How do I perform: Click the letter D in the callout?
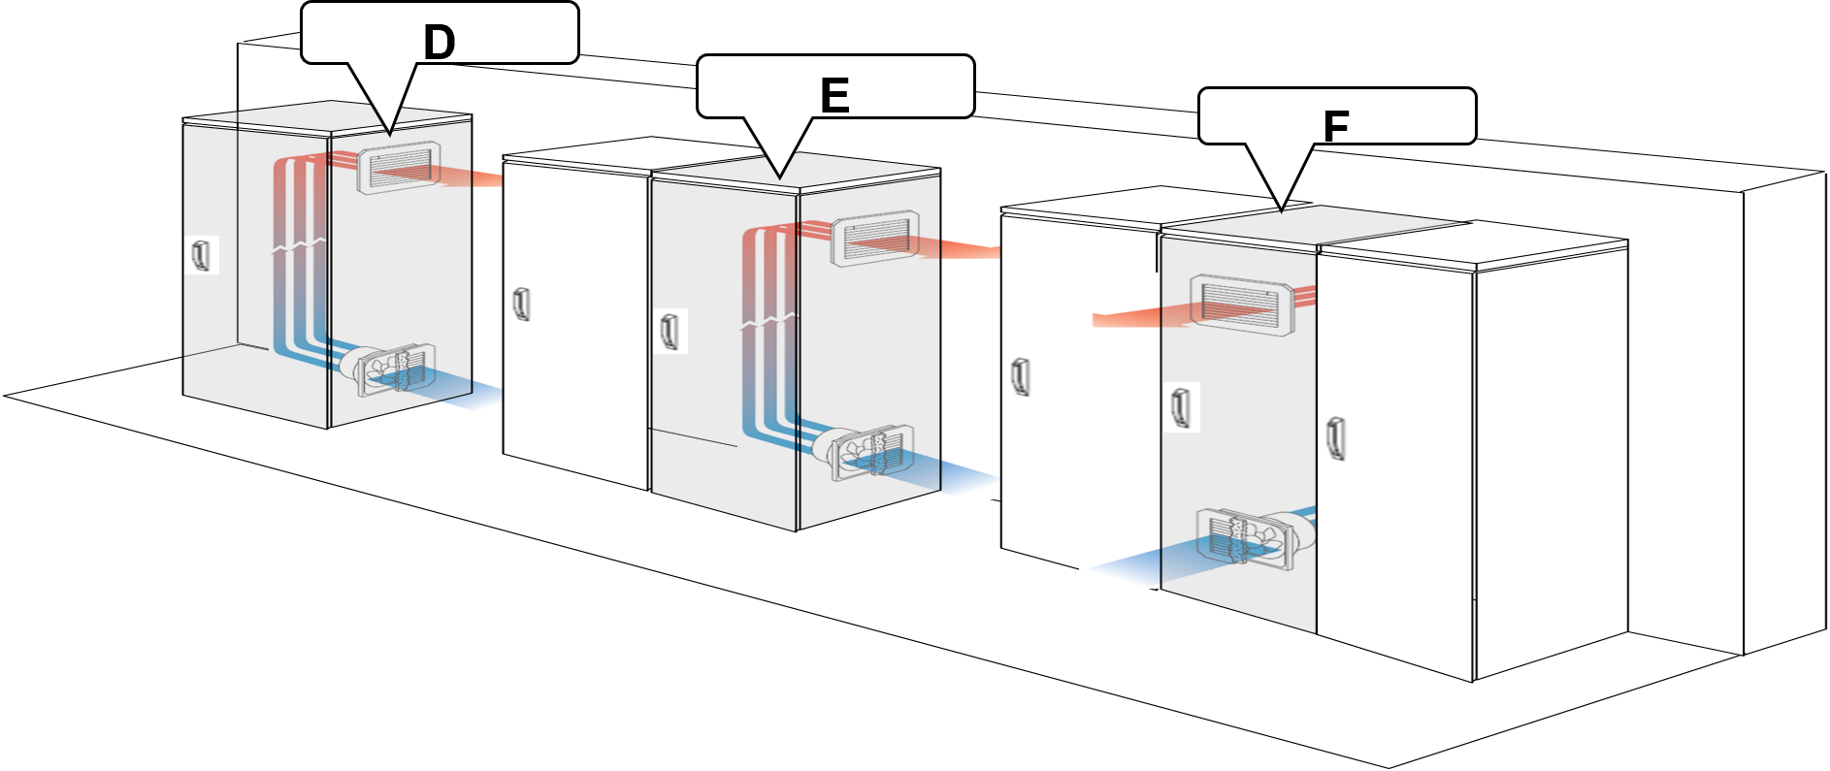tap(439, 43)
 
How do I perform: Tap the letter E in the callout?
tap(834, 96)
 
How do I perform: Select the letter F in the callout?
tap(1336, 126)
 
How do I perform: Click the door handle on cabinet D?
tap(202, 255)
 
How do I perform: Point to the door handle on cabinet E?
tap(670, 331)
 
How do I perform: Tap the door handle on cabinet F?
tap(1181, 406)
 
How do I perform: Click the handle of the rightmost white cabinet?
tap(1336, 437)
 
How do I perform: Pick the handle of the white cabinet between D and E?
tap(522, 304)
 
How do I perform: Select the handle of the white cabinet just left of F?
tap(1020, 376)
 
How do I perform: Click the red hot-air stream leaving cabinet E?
tap(961, 249)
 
